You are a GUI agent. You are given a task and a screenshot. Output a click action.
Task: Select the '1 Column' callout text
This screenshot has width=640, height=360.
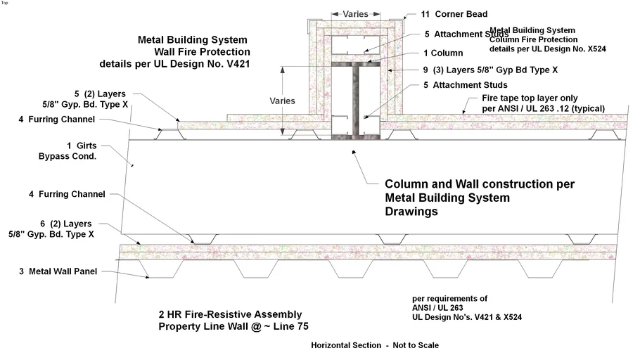coord(443,53)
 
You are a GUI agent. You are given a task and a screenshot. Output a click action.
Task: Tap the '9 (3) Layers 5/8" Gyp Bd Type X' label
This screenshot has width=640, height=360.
coord(490,70)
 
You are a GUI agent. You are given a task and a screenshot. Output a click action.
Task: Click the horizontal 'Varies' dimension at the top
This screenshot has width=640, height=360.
coord(355,13)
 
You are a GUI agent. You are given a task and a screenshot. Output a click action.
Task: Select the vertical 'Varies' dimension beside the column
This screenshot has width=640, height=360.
coord(282,101)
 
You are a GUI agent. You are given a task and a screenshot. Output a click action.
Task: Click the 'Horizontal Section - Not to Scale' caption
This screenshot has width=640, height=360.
coord(375,345)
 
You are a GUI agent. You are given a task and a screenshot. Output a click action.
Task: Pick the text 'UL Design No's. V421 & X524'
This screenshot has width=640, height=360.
coord(466,318)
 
